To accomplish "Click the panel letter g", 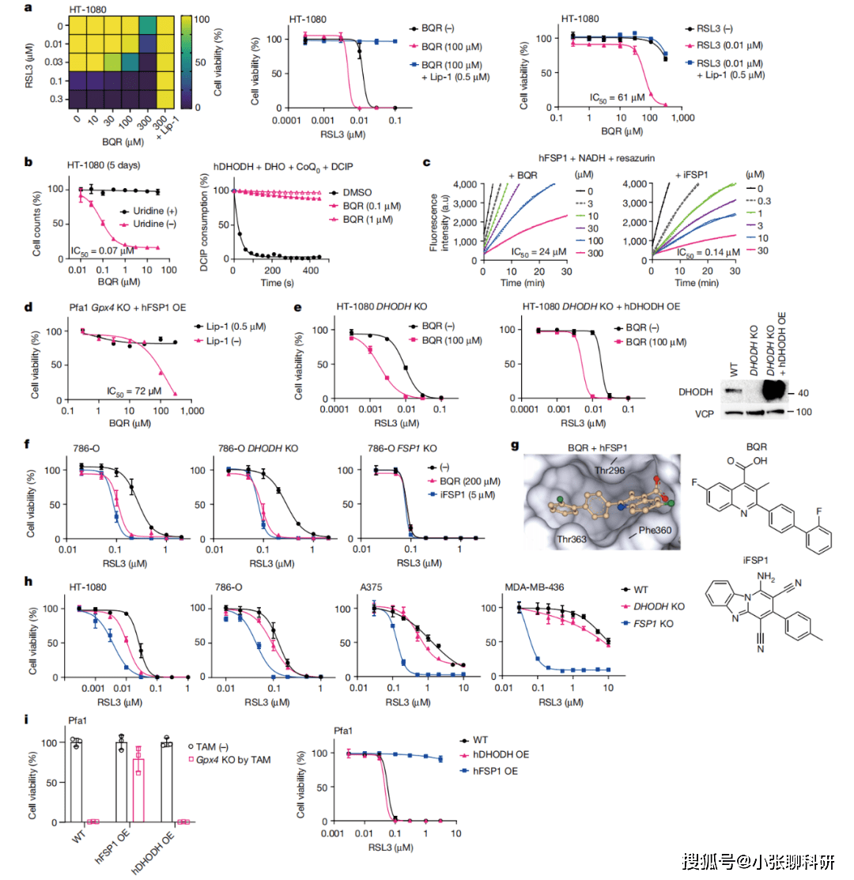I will (514, 446).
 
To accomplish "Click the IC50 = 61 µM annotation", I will (617, 97).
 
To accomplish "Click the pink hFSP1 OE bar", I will (138, 790).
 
